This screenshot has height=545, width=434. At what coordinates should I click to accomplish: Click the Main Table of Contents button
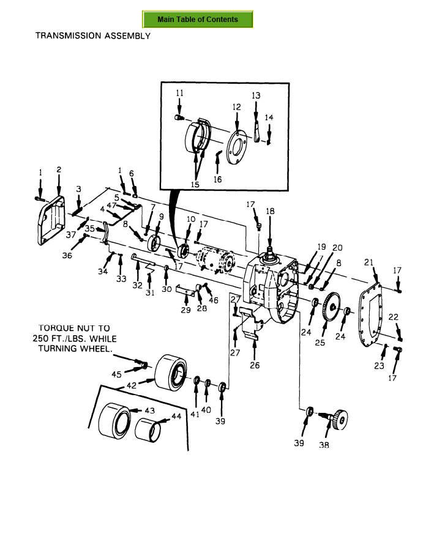click(x=198, y=20)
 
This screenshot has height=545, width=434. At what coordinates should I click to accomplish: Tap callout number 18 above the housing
click(x=270, y=211)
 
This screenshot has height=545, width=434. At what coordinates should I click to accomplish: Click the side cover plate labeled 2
click(x=51, y=220)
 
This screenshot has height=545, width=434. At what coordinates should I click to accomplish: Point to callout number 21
click(x=369, y=262)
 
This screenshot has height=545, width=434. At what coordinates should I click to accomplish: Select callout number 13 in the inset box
click(x=256, y=95)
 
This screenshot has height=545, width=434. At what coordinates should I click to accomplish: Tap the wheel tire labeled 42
click(x=170, y=372)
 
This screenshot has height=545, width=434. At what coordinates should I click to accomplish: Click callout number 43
click(x=150, y=410)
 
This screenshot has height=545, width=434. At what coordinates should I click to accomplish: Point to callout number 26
click(x=255, y=365)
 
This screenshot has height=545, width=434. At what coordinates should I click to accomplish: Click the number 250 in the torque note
click(x=42, y=338)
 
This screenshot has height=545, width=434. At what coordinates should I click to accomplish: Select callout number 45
click(x=116, y=374)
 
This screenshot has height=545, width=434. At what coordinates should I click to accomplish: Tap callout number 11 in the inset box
click(x=179, y=93)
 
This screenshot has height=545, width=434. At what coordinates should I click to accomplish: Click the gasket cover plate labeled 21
click(x=370, y=314)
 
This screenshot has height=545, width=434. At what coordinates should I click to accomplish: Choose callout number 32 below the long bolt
click(x=137, y=285)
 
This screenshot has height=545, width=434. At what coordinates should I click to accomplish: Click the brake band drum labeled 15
click(x=198, y=136)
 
